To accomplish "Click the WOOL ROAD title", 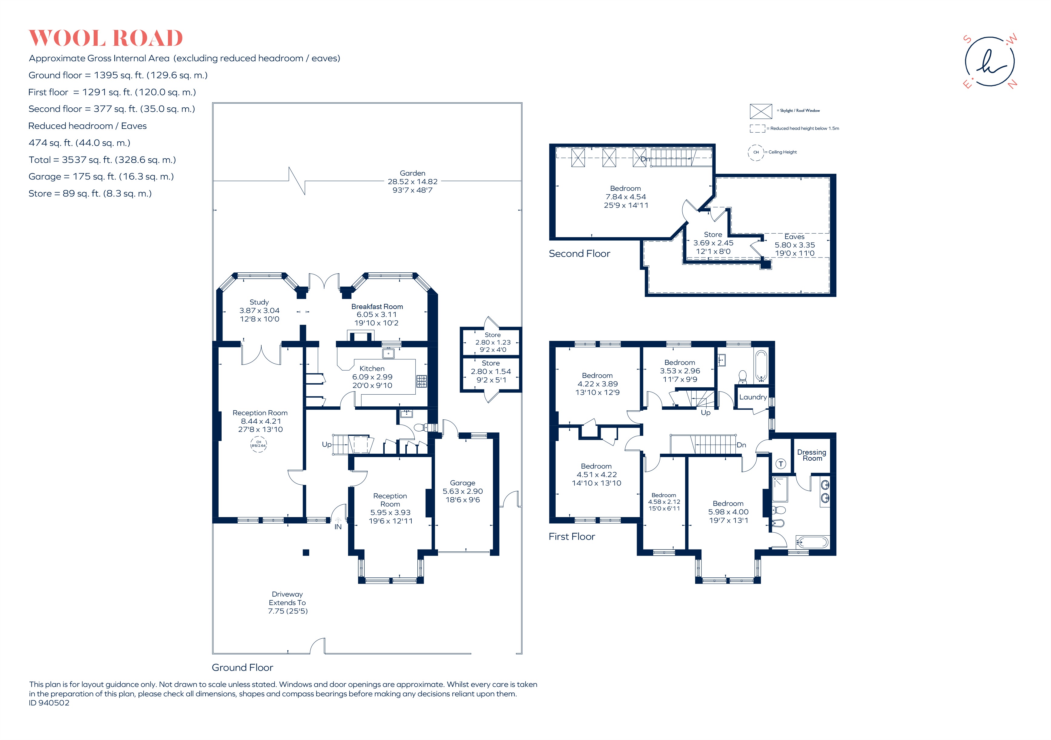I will point(106,39).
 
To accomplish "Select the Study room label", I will point(259,302).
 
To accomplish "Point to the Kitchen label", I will point(372,368).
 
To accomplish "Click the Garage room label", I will point(462,483).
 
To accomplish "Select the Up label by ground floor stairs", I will point(326,445).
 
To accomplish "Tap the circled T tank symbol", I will point(781,464).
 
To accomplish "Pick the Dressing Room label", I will point(812,455).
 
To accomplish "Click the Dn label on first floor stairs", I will point(741,445).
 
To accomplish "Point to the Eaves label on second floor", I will point(794,237).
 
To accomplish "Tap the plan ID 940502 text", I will point(49,703).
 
